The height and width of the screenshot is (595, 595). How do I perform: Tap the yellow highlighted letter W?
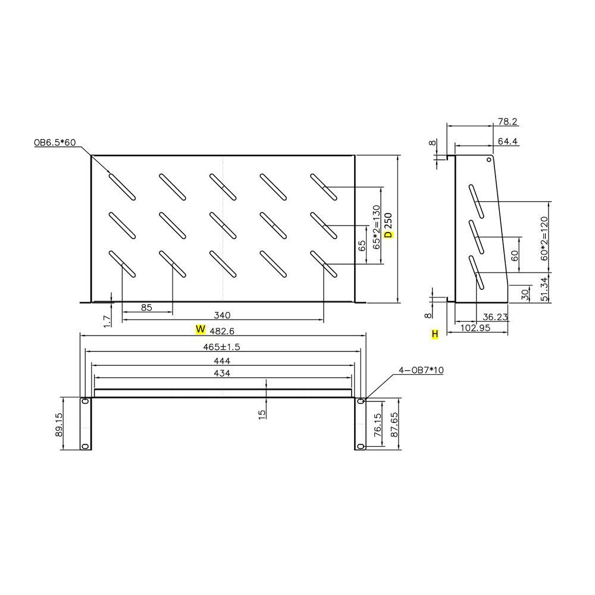tap(201, 329)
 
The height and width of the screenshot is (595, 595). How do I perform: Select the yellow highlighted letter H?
tap(435, 335)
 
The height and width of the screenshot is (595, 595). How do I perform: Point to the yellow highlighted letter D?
tap(389, 234)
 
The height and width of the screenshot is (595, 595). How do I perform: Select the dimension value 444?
tap(222, 361)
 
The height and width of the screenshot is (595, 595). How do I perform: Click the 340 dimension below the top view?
tap(222, 315)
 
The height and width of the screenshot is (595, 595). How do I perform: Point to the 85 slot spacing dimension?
tap(147, 308)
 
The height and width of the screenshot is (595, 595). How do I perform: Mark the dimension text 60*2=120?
tap(544, 236)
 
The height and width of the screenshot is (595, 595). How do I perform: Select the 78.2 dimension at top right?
tap(507, 121)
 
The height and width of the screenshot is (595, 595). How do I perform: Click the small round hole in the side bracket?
tap(489, 159)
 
